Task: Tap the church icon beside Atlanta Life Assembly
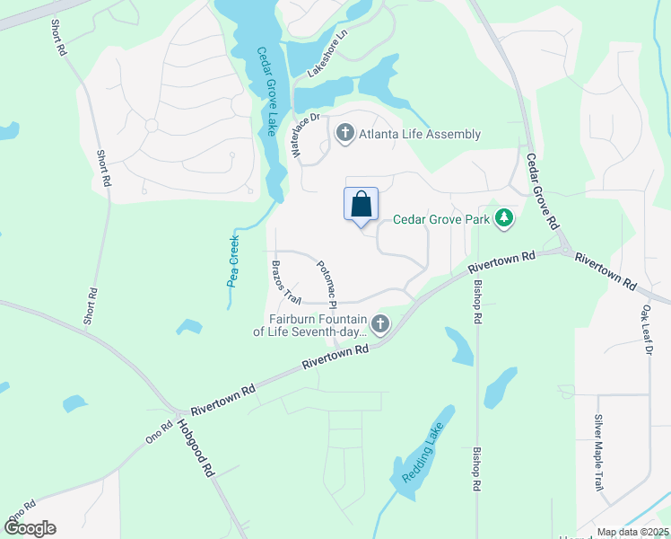(x=344, y=135)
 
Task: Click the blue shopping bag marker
(x=361, y=204)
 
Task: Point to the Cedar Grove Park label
(x=442, y=219)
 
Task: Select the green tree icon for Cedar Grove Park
(x=505, y=219)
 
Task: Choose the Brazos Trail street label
(x=285, y=282)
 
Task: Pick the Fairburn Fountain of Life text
(x=318, y=325)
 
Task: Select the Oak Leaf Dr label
(x=645, y=330)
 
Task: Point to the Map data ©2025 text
(x=631, y=532)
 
